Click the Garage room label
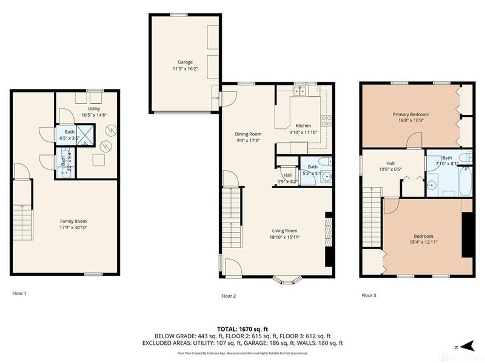click(185, 62)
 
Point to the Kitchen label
click(303, 125)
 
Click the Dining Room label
click(247, 134)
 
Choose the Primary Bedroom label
click(410, 114)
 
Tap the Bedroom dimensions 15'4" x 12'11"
click(423, 243)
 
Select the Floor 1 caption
click(19, 293)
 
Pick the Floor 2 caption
click(228, 296)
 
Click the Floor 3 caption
click(369, 296)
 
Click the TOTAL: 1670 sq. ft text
click(242, 329)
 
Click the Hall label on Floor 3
click(390, 162)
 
